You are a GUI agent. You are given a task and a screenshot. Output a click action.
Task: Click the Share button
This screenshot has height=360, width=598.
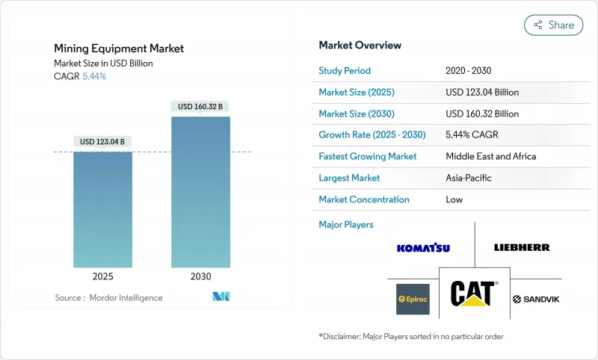(x=553, y=25)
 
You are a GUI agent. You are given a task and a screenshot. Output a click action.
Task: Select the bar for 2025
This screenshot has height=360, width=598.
(x=102, y=209)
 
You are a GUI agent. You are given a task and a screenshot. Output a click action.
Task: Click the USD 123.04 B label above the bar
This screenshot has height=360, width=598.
(x=102, y=141)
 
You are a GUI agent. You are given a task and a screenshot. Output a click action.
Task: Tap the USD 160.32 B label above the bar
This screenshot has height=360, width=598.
(x=200, y=106)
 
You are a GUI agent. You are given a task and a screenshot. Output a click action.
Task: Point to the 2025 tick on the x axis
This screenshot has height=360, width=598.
(x=102, y=276)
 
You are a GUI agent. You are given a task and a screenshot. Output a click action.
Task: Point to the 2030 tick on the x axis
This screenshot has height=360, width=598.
(x=200, y=276)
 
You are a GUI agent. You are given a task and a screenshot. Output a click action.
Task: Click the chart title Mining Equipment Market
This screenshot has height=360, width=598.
(x=119, y=49)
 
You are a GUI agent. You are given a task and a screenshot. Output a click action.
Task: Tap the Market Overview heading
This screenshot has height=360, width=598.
(x=360, y=45)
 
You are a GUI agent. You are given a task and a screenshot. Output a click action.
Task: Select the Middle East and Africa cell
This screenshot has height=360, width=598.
(x=490, y=157)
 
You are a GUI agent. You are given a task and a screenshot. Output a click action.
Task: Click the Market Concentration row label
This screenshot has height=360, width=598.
(x=364, y=199)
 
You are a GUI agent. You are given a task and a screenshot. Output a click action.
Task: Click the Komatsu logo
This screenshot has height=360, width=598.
(x=423, y=247)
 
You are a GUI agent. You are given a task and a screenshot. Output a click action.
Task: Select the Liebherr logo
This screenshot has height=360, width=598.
(x=522, y=247)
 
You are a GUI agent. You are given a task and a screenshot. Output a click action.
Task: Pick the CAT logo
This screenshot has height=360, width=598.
(x=474, y=294)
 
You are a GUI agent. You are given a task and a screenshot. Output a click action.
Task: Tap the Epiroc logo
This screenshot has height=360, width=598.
(x=413, y=299)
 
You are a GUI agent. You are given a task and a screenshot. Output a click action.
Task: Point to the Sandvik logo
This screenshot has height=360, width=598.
(x=536, y=300)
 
